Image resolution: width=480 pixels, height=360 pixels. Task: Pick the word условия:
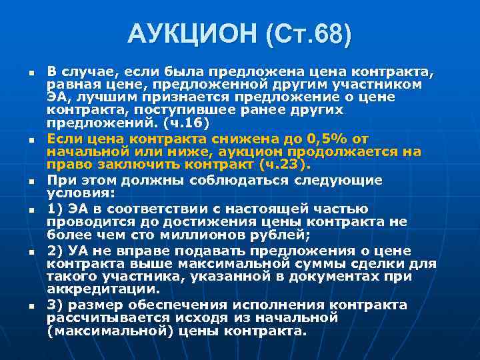click(80, 193)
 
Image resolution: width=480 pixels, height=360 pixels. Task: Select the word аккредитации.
click(103, 290)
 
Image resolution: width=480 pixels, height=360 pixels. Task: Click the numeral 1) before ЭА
click(55, 208)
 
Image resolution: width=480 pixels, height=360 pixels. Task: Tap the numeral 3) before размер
click(55, 305)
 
